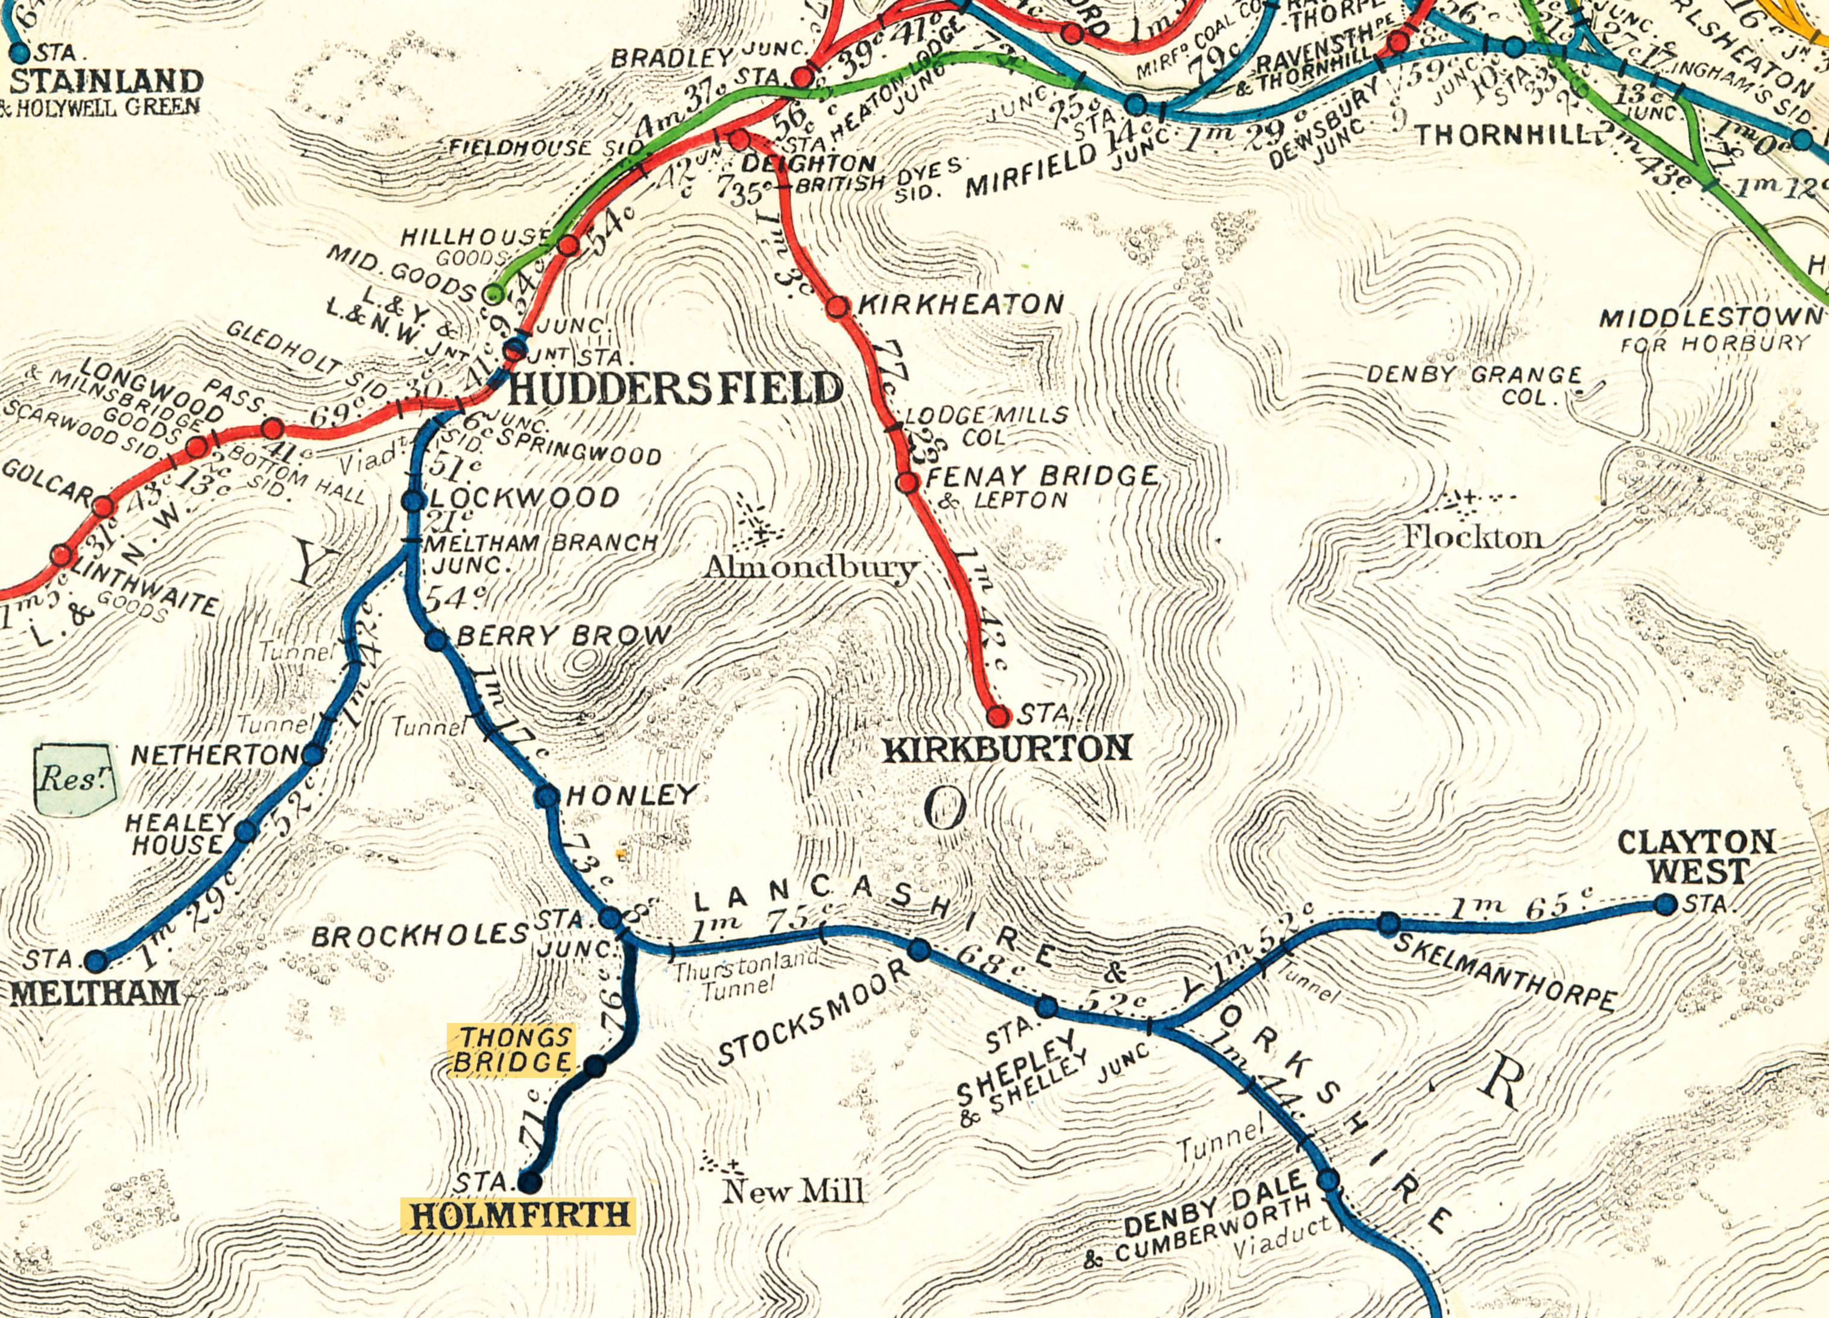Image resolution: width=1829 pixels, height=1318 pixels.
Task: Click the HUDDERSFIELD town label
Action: tap(674, 389)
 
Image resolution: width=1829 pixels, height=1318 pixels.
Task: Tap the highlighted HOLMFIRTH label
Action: tap(519, 1215)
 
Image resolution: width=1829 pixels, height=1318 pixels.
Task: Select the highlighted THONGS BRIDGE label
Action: tap(511, 1050)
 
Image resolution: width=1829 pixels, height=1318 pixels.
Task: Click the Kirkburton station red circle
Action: tap(997, 715)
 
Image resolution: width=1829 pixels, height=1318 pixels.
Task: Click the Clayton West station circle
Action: tap(1666, 904)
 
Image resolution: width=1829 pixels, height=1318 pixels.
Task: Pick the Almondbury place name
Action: tap(810, 568)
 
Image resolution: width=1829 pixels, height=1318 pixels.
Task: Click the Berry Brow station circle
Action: tap(435, 639)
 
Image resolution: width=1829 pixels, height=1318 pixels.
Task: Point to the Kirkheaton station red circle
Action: tap(838, 306)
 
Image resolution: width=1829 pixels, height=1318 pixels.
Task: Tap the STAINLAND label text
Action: tap(107, 81)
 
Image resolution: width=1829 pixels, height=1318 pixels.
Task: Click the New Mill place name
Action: tap(793, 1191)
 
